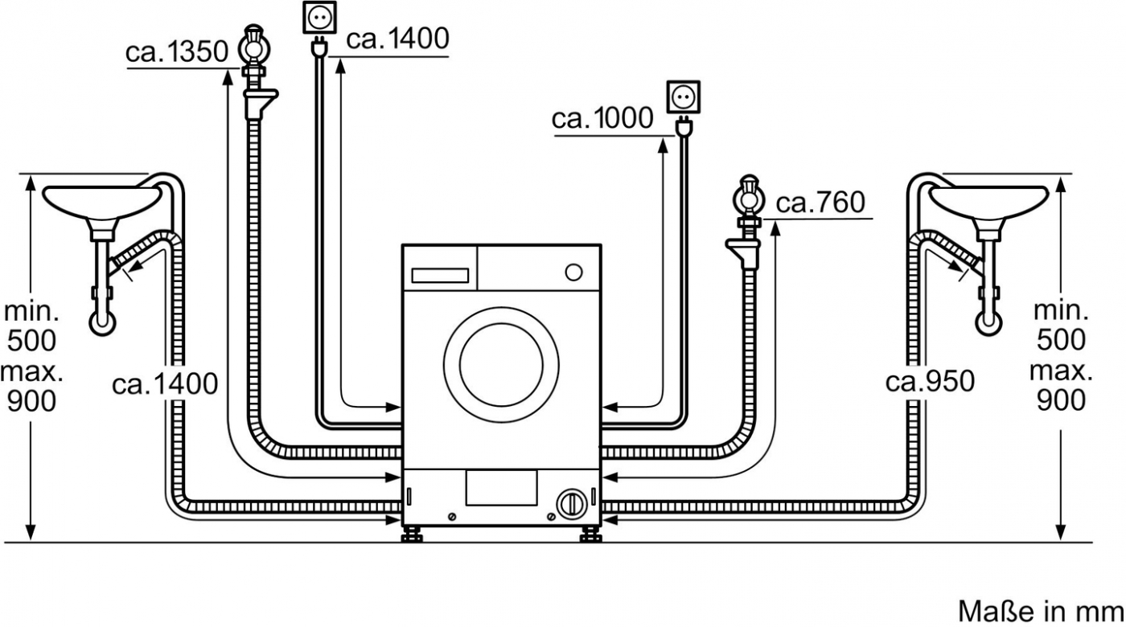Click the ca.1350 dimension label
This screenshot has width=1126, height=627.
pyautogui.click(x=178, y=53)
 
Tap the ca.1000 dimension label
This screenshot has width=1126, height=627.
pyautogui.click(x=602, y=119)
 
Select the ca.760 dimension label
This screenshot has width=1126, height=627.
pyautogui.click(x=820, y=203)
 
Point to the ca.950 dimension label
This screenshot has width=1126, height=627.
pyautogui.click(x=930, y=381)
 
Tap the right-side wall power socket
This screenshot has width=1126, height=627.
pyautogui.click(x=682, y=96)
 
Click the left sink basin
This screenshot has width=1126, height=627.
pyautogui.click(x=100, y=201)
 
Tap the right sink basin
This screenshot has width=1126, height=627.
pyautogui.click(x=988, y=201)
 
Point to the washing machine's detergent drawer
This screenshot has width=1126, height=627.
pyautogui.click(x=440, y=275)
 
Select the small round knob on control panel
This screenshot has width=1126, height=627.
pyautogui.click(x=573, y=272)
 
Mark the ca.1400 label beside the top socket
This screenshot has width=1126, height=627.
pyautogui.click(x=397, y=39)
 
